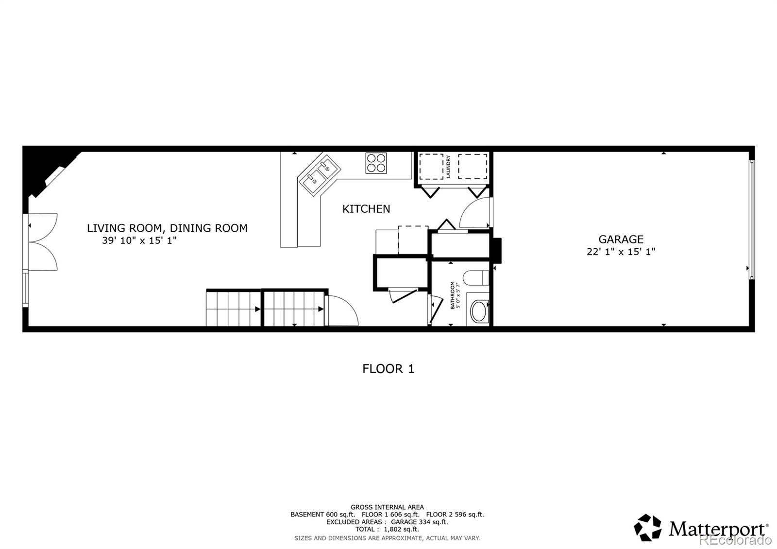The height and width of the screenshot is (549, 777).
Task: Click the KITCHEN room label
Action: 366,209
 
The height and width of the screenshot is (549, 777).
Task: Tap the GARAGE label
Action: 621,239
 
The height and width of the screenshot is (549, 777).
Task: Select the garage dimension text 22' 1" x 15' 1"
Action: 621,252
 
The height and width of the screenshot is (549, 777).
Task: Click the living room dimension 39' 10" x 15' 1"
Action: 139,240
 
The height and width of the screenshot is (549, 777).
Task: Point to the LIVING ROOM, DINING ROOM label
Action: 167,228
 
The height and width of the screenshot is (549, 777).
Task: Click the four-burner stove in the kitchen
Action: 376,163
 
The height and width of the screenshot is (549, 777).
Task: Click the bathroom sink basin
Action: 478,311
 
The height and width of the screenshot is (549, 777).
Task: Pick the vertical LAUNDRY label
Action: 449,167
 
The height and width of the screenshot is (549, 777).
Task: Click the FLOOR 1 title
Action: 388,369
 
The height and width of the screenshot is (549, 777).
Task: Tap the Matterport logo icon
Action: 648,528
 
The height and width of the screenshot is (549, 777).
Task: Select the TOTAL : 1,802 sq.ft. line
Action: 387,529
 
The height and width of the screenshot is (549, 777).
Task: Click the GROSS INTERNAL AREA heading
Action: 387,507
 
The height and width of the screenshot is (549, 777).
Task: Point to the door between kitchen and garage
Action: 475,214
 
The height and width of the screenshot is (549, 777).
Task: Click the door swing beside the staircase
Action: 342,311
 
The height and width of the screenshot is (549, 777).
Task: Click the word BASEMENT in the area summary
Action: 306,515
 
